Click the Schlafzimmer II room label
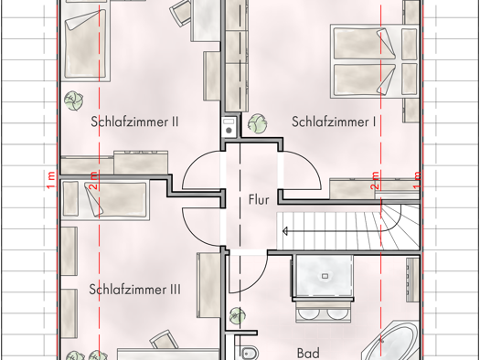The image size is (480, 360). tap(134, 122)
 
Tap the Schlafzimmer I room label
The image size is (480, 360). tap(334, 122)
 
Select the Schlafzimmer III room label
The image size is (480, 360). tap(134, 290)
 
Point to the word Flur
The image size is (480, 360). tap(259, 200)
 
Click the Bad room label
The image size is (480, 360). tap(308, 354)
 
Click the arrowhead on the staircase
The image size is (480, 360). tap(285, 231)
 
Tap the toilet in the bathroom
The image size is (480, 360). tap(250, 354)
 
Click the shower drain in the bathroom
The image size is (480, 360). tap(325, 276)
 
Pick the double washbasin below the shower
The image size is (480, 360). tap(324, 312)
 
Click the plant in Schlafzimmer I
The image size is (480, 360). tap(257, 123)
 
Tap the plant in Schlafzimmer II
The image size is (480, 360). tap(74, 101)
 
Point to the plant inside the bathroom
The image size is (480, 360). tap(238, 316)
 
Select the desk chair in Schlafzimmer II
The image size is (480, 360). tap(181, 13)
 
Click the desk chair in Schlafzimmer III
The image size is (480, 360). tap(165, 340)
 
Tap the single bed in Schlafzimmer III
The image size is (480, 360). tap(105, 199)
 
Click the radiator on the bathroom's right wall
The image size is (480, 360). tap(413, 281)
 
